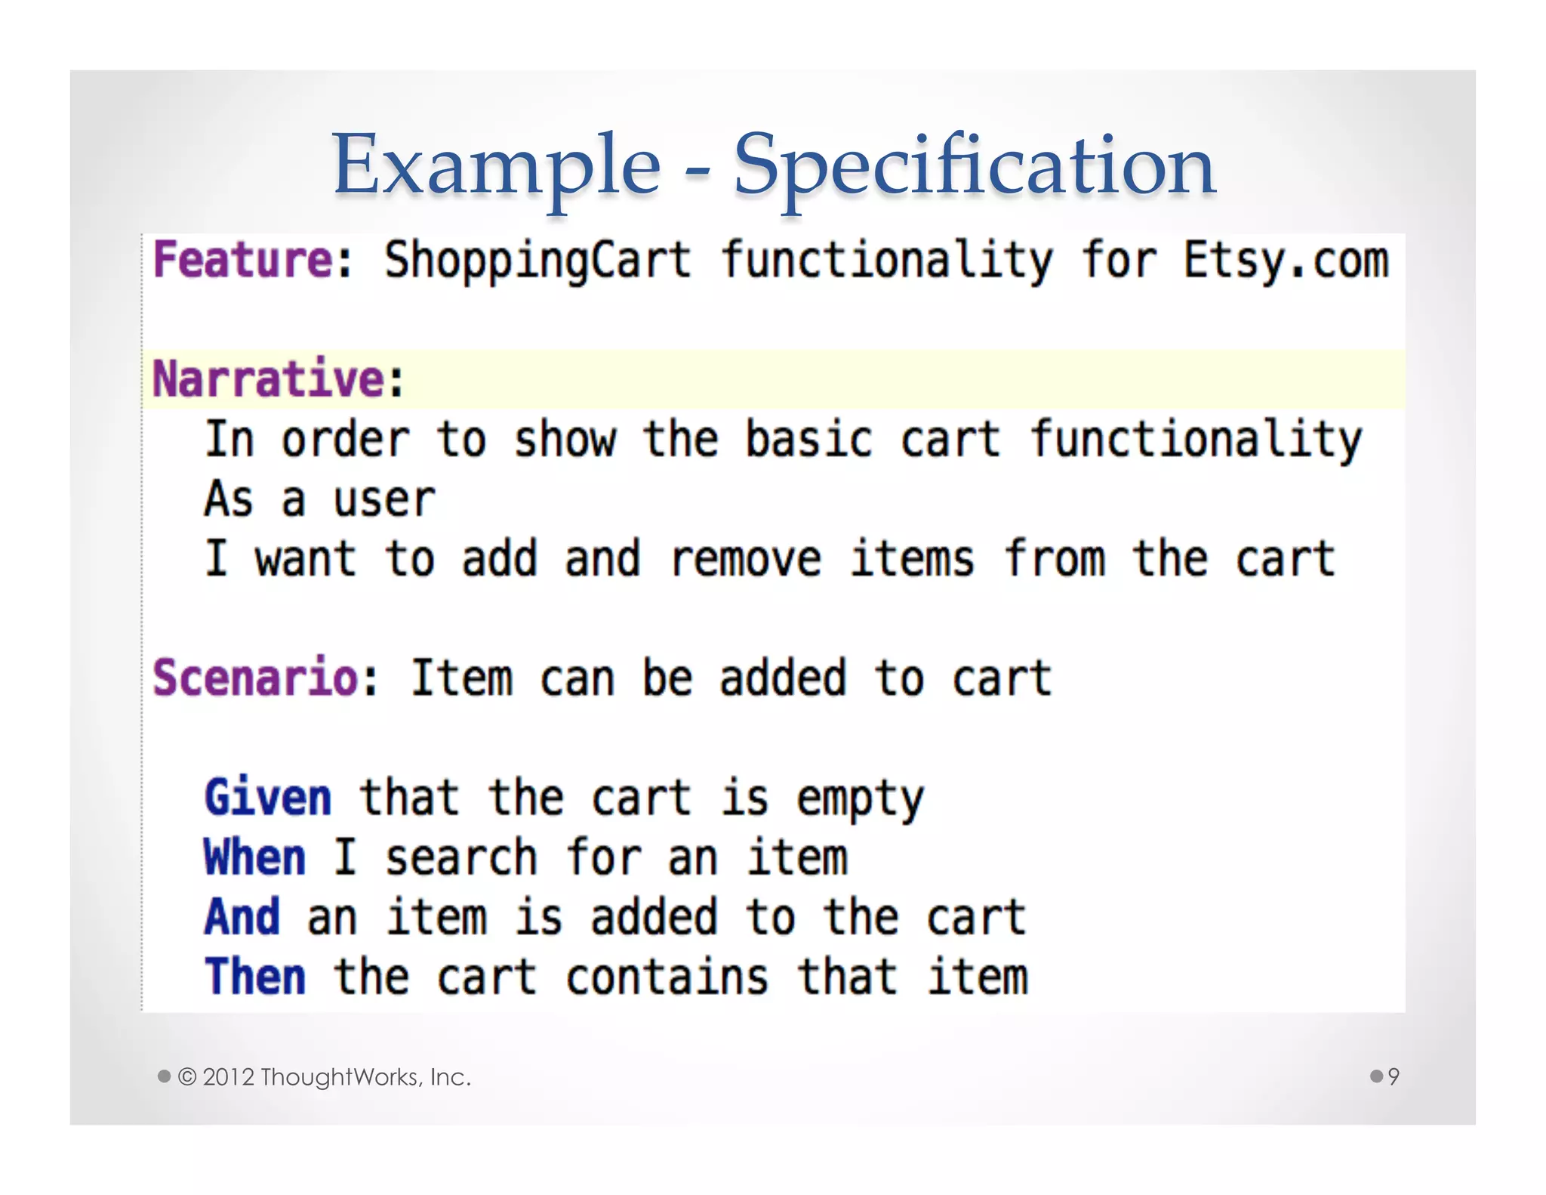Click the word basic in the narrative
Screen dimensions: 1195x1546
pos(808,440)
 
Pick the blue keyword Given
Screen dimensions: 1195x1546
pos(268,798)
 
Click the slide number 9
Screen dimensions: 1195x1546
pos(1393,1076)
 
